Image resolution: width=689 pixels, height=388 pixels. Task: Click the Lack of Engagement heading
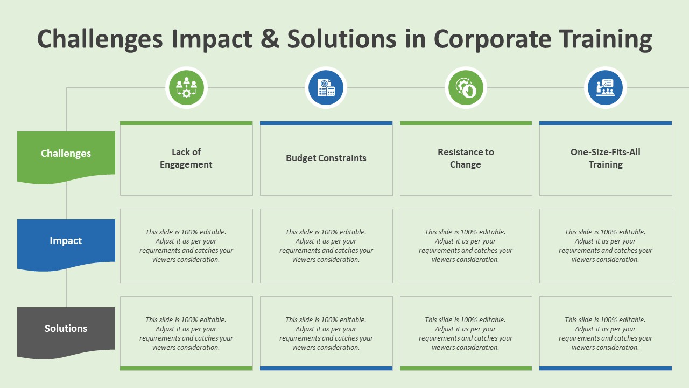pyautogui.click(x=186, y=158)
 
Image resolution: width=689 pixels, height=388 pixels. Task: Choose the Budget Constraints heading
pyautogui.click(x=326, y=158)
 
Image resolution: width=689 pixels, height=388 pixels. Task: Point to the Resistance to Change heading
pyautogui.click(x=466, y=158)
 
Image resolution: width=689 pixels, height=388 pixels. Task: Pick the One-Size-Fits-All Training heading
pyautogui.click(x=606, y=158)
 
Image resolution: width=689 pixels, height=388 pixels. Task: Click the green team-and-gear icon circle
pyautogui.click(x=186, y=88)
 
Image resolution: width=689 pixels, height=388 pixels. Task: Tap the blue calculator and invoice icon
pyautogui.click(x=326, y=88)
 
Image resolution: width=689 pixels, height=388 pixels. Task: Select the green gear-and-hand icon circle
pyautogui.click(x=466, y=88)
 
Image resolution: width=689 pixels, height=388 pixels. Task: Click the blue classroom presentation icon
pyautogui.click(x=606, y=88)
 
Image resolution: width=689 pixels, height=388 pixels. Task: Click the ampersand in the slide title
pyautogui.click(x=270, y=38)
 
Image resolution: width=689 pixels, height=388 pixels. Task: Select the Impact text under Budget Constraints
pyautogui.click(x=326, y=246)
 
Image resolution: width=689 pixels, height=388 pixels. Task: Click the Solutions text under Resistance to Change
pyautogui.click(x=466, y=334)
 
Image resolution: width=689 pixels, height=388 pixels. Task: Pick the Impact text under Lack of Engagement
pyautogui.click(x=186, y=246)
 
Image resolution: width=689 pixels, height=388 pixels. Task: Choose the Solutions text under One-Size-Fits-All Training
pyautogui.click(x=606, y=334)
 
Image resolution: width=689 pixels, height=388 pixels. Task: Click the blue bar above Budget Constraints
pyautogui.click(x=326, y=123)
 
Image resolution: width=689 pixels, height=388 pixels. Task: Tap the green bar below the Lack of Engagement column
pyautogui.click(x=186, y=368)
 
